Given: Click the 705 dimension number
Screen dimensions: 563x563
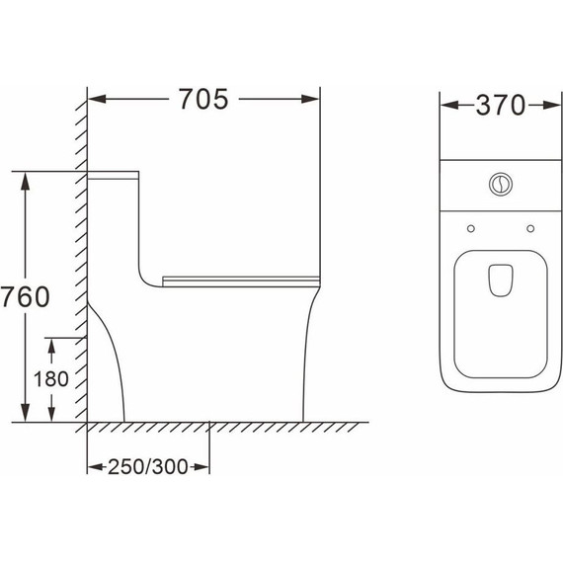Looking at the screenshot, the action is click(203, 99).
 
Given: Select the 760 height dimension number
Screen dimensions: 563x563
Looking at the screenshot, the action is click(25, 296).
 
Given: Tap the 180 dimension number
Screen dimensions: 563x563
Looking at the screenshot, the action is click(51, 379).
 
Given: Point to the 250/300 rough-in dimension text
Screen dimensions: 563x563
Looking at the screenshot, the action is click(147, 467).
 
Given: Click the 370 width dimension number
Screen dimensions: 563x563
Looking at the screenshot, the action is click(501, 106).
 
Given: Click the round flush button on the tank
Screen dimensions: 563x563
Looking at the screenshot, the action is click(501, 184).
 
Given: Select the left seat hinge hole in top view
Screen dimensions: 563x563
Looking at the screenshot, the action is click(471, 229).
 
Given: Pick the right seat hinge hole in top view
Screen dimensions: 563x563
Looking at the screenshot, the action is click(530, 229).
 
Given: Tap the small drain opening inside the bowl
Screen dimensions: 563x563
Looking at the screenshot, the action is click(501, 281).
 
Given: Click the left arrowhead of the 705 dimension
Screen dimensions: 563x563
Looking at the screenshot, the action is click(97, 99).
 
